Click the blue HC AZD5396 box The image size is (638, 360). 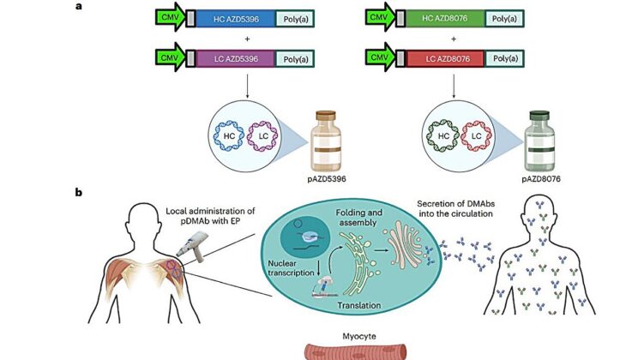(x=232, y=17)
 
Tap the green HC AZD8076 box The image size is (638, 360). (x=442, y=17)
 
